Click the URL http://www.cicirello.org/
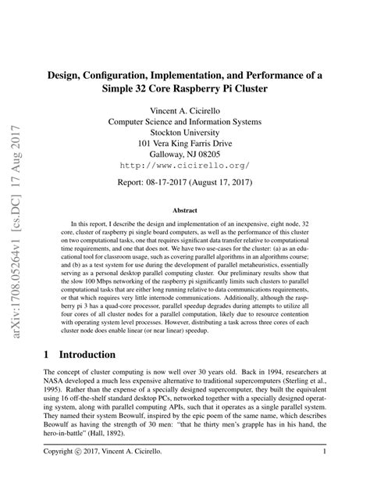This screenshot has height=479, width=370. click(x=185, y=166)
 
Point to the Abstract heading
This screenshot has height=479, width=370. click(x=185, y=210)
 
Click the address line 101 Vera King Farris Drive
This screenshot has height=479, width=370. click(x=185, y=144)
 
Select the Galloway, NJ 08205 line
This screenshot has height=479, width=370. click(x=185, y=155)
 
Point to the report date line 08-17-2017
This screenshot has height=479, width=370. click(x=185, y=187)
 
